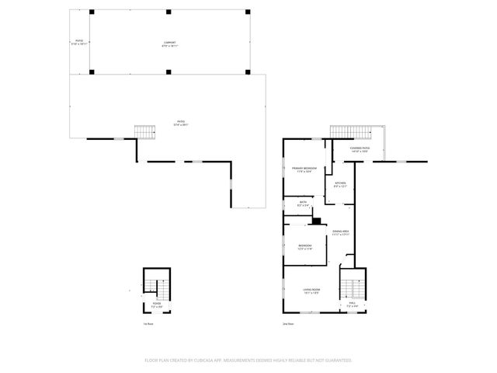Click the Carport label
coord(169,44)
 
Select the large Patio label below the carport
coord(181,122)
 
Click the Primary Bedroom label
coord(304,169)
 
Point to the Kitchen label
coord(339,185)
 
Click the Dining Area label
coord(340,232)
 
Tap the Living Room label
coord(311,291)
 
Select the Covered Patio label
coord(360,149)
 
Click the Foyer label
coord(156,305)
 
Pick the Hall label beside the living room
coord(351,305)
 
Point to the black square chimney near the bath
coord(316,221)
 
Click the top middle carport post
coord(169,13)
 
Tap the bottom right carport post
coord(247,71)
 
